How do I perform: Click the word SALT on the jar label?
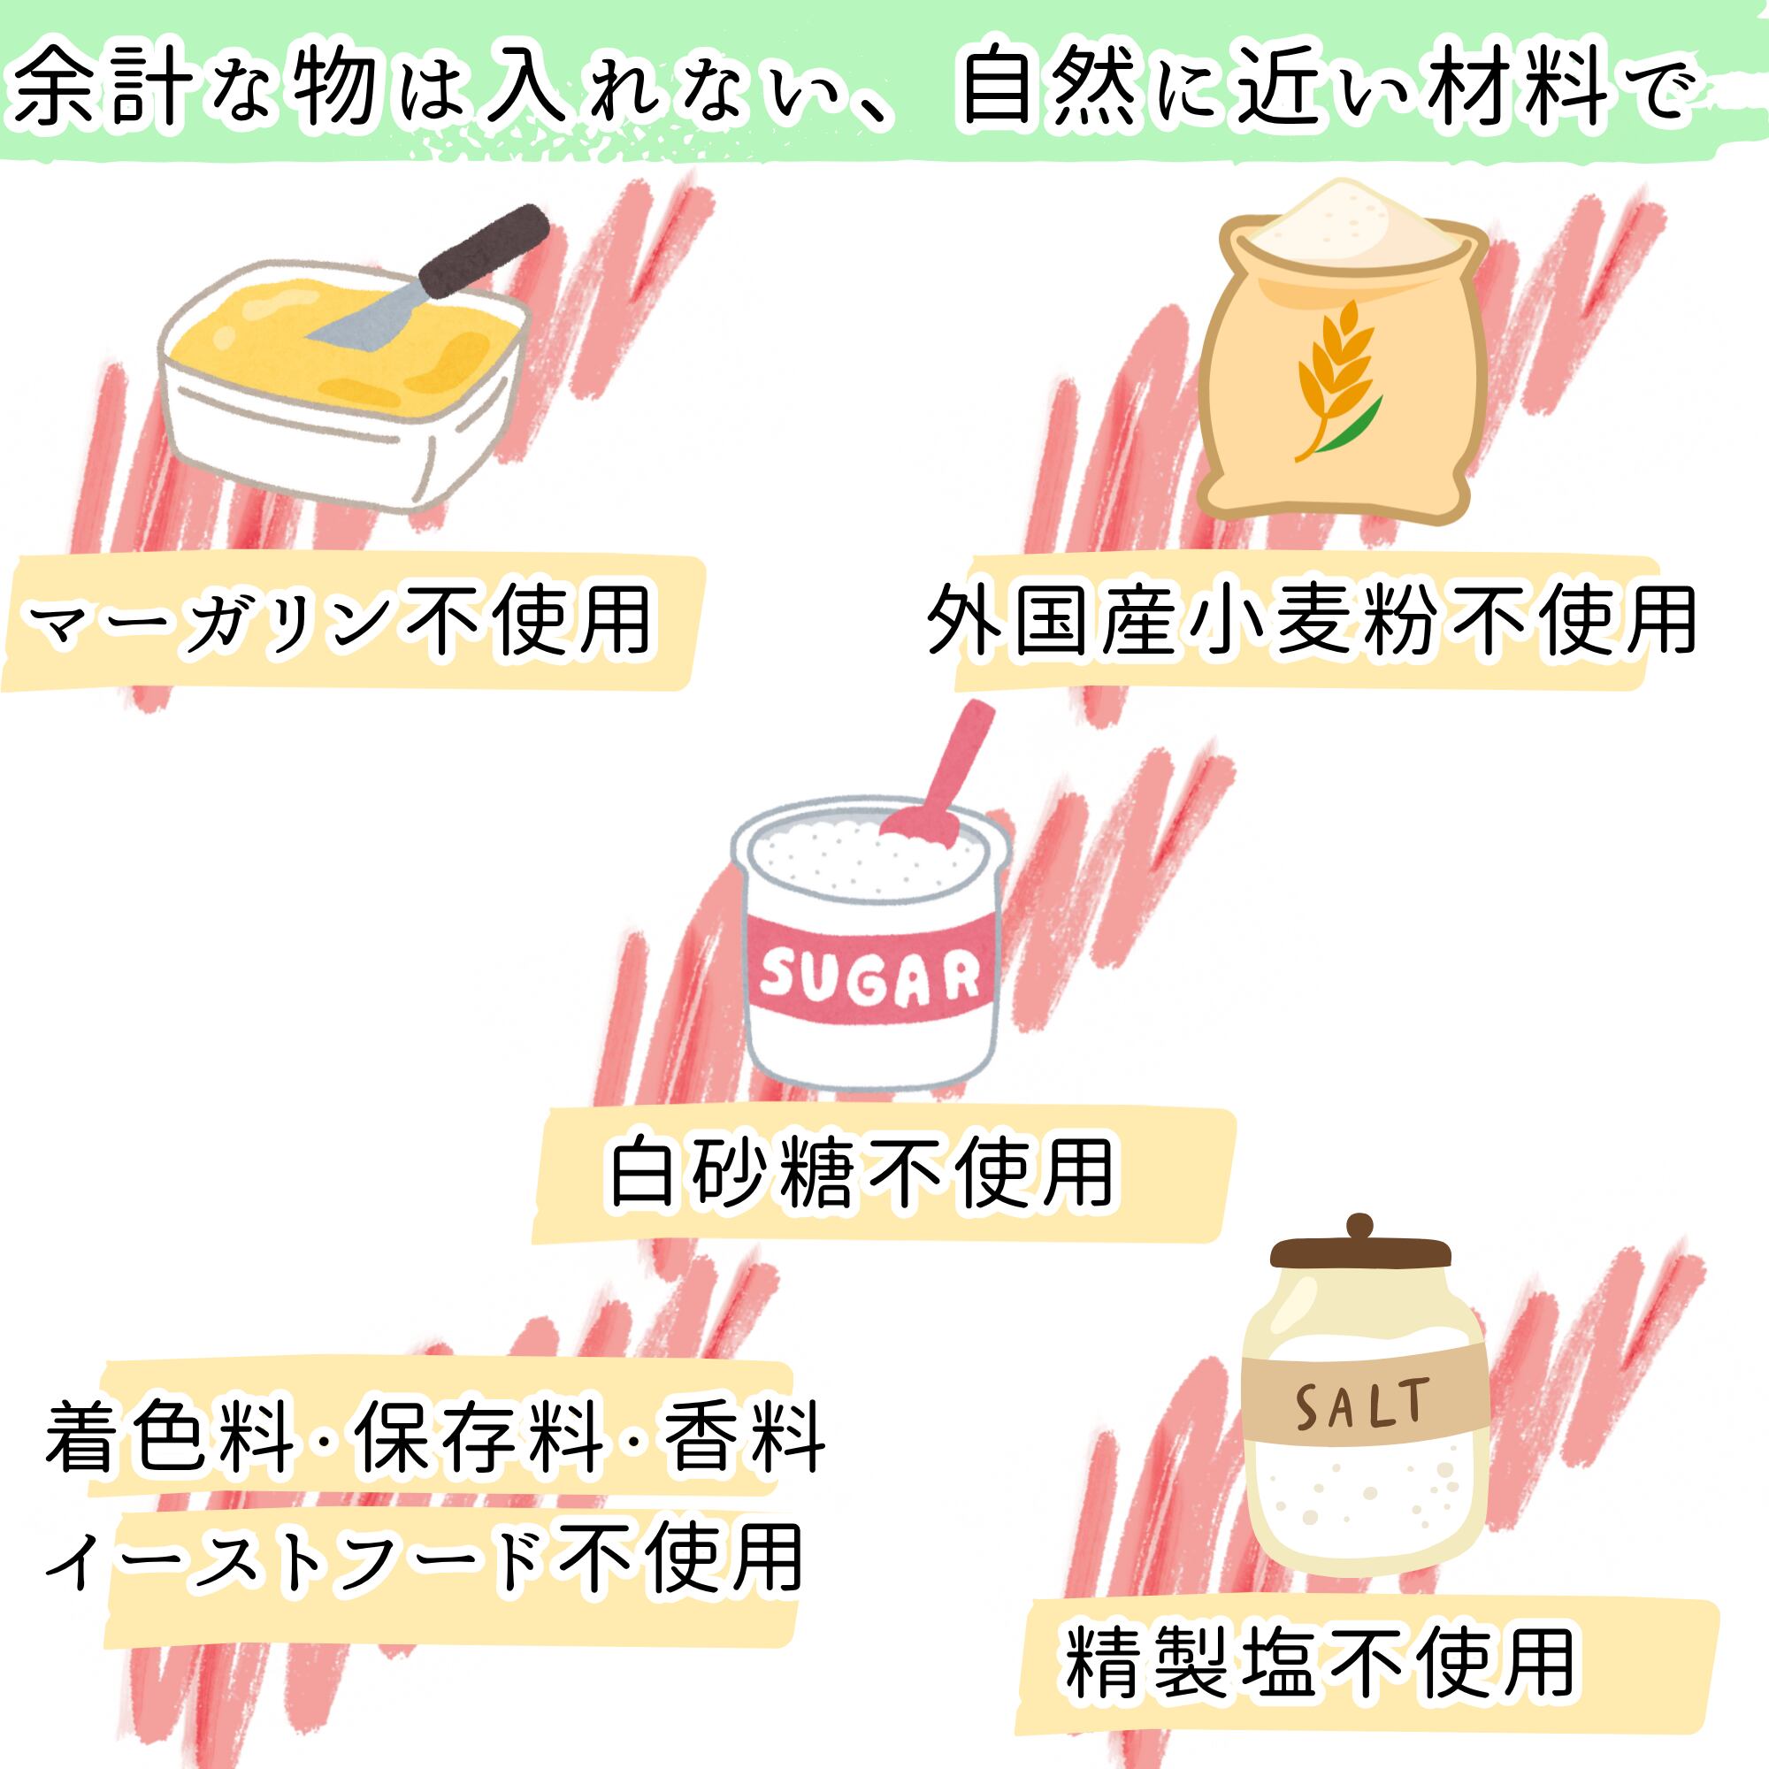1361,1405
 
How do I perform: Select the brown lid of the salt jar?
1360,1253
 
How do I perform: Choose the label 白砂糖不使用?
861,1173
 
